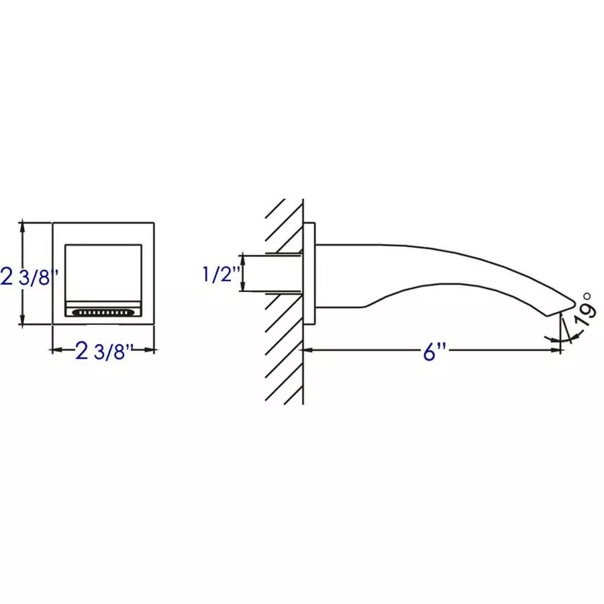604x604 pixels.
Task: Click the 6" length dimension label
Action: (434, 351)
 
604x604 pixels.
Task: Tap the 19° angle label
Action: (584, 309)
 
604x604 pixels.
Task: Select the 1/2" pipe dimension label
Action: (221, 274)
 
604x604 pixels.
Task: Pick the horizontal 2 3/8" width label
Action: (104, 351)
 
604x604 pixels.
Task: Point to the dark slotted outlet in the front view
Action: (104, 312)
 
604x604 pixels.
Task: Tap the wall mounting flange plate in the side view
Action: (309, 273)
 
